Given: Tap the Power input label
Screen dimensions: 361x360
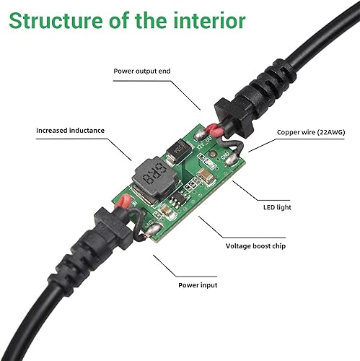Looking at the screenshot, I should tap(198, 284).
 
